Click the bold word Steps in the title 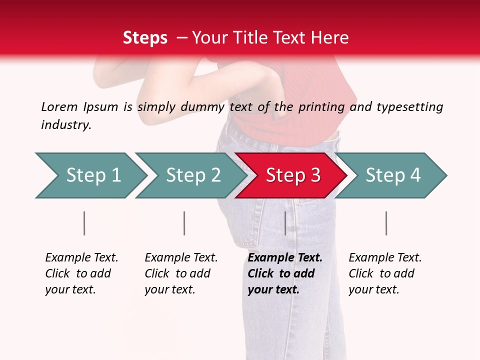point(145,38)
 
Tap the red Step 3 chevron point(292,175)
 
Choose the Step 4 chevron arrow point(392,175)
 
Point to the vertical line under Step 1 point(84,223)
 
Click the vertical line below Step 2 point(184,223)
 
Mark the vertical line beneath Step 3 point(285,223)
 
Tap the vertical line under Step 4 point(386,223)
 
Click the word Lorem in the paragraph point(59,107)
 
